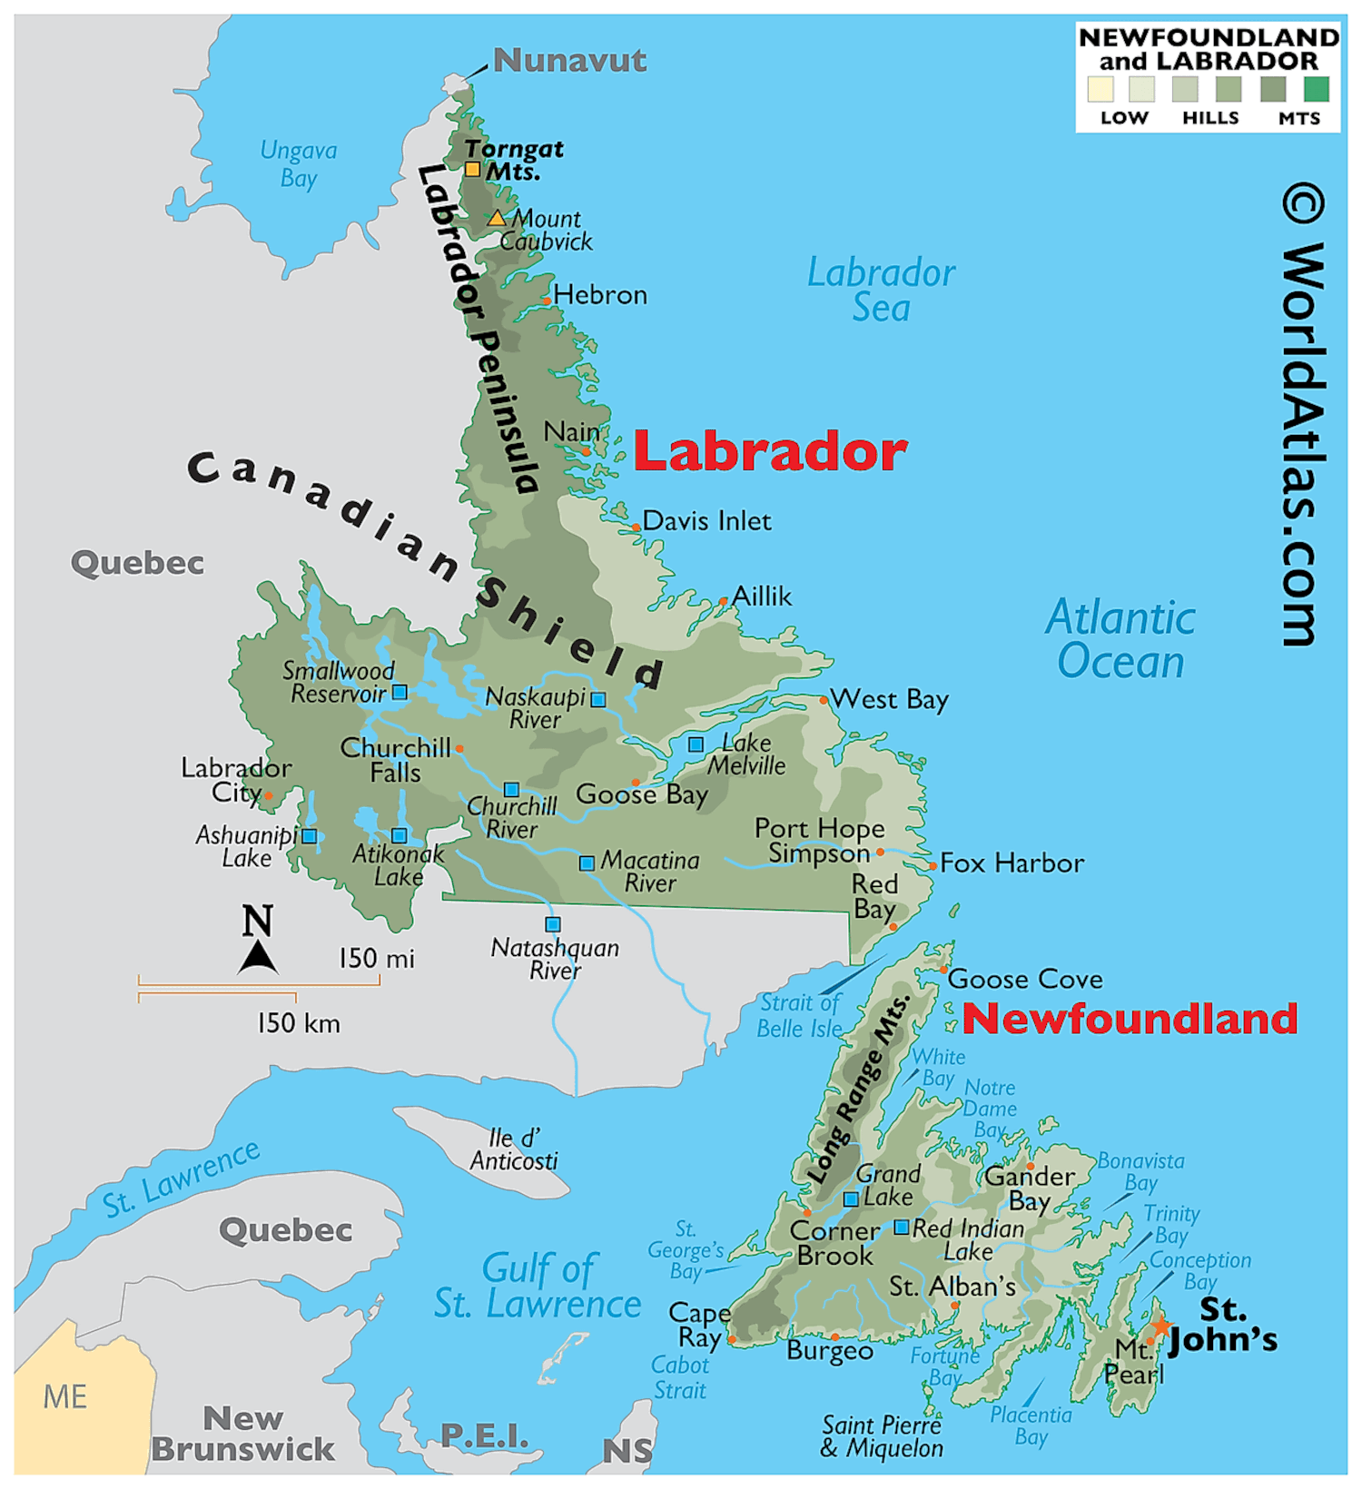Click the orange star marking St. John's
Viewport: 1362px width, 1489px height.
[1161, 1326]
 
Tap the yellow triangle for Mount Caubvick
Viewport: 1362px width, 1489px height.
[496, 219]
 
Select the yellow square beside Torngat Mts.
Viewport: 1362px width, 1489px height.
[472, 169]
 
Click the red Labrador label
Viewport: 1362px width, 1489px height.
[770, 451]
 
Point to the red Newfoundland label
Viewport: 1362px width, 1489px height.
[1130, 1019]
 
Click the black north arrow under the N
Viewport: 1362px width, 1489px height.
[258, 958]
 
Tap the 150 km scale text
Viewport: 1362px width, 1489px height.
[299, 1024]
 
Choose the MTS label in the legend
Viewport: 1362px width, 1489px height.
[1298, 118]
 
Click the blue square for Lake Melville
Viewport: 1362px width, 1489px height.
[696, 744]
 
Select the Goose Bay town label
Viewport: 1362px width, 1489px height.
[642, 795]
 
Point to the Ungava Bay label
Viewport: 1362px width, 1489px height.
[299, 163]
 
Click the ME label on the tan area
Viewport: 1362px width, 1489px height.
[65, 1396]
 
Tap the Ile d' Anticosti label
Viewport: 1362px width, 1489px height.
[514, 1149]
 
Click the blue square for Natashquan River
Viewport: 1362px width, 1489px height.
[552, 924]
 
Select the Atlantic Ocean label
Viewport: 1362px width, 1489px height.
[1120, 639]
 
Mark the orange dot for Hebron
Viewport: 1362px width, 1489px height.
[547, 301]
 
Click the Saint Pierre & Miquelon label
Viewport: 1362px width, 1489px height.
[882, 1436]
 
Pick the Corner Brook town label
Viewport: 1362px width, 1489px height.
[834, 1244]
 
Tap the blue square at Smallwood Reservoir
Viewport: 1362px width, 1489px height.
[399, 693]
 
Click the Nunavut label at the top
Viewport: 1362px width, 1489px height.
[569, 61]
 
